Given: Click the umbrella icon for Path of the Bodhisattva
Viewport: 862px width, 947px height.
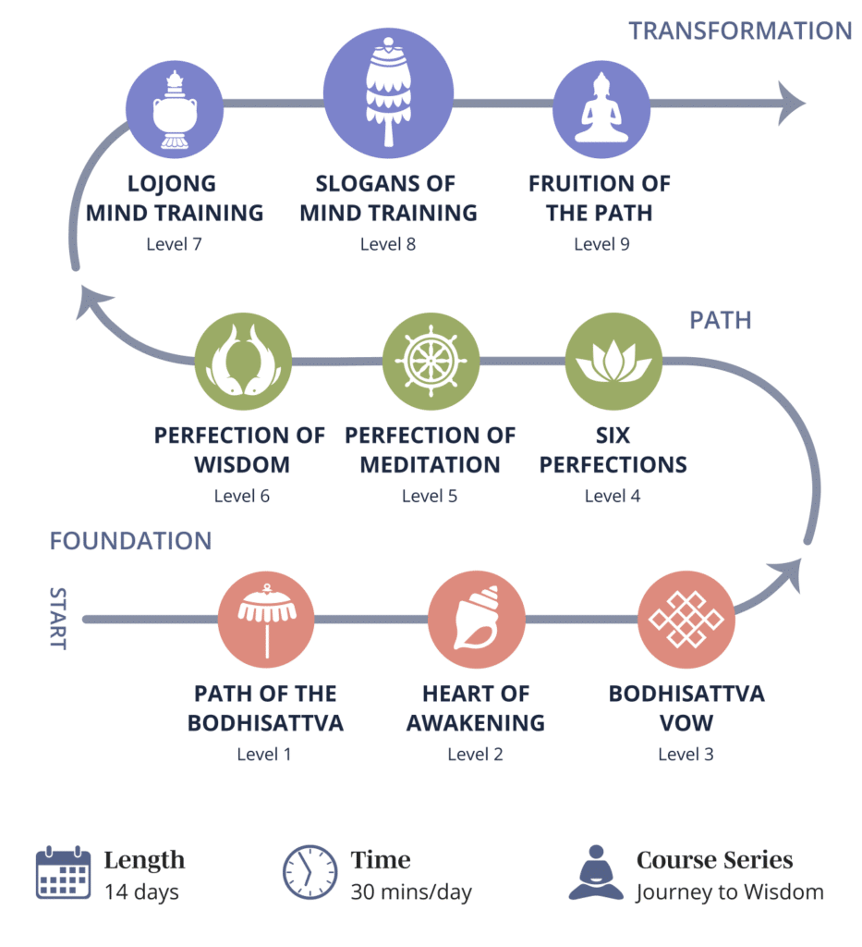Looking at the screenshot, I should click(266, 620).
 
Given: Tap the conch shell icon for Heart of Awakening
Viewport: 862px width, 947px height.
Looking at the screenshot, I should click(476, 620).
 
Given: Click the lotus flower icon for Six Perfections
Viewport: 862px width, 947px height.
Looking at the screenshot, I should click(613, 362).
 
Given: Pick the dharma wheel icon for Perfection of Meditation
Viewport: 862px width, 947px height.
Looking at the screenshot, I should click(431, 362).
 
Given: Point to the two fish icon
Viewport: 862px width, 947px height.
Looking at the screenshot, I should click(243, 362).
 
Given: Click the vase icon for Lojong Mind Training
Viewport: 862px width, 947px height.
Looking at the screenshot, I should click(175, 108).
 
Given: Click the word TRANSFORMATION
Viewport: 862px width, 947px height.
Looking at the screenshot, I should click(740, 31).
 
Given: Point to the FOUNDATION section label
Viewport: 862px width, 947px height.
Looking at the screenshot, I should click(130, 541).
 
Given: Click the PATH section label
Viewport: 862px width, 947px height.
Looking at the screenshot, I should click(720, 320).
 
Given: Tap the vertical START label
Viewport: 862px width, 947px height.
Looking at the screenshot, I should click(57, 618).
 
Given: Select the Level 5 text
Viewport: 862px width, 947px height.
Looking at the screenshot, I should click(429, 497).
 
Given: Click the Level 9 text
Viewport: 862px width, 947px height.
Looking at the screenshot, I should click(601, 244).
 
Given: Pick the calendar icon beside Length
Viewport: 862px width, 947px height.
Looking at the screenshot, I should click(63, 873).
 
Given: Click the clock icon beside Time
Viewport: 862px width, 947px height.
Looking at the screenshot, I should click(310, 873).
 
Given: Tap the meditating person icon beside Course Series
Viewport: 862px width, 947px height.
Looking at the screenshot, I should click(596, 873).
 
